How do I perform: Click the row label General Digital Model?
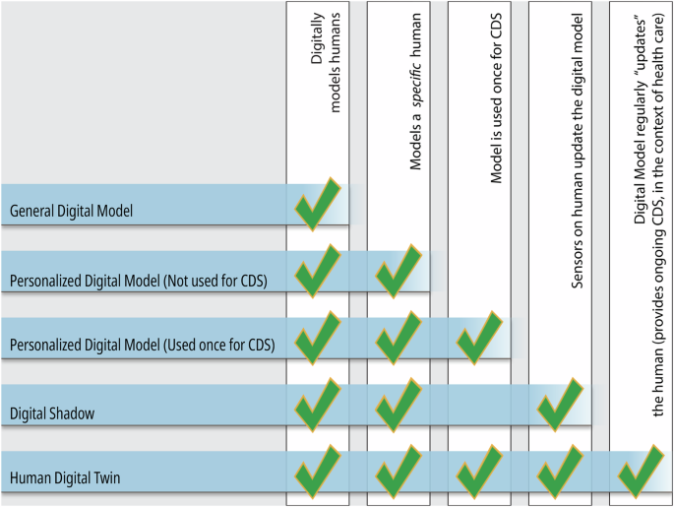[71, 210]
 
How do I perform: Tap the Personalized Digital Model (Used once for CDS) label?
[142, 346]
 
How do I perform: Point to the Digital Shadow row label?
[52, 413]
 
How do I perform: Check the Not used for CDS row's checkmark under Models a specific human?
[398, 271]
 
